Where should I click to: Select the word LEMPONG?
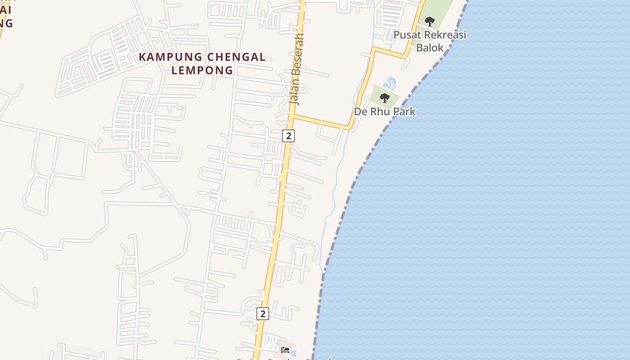202,70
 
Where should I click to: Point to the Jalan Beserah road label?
297,70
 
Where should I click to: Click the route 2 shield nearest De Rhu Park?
288,135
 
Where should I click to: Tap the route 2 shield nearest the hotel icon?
263,314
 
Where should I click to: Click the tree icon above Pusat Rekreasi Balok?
430,21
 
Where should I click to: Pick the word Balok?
430,48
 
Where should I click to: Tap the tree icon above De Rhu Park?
384,98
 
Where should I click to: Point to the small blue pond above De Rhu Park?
390,83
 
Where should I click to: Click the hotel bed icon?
285,350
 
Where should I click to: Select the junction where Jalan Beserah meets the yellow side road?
292,116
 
